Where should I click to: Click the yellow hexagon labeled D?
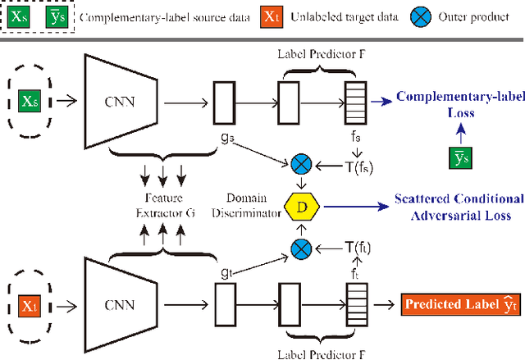tap(302, 205)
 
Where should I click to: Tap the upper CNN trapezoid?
tap(125, 102)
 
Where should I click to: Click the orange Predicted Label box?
tap(461, 304)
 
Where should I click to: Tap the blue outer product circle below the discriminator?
tap(301, 245)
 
